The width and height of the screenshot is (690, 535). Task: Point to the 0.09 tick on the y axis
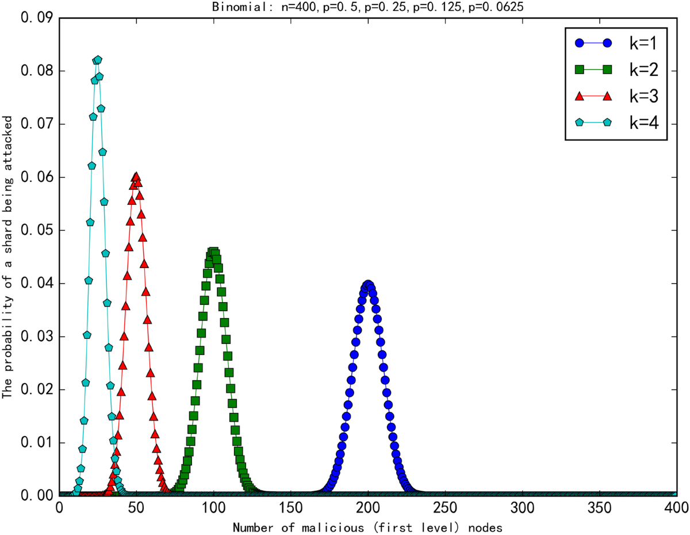click(x=36, y=18)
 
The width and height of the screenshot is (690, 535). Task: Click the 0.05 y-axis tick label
click(x=36, y=231)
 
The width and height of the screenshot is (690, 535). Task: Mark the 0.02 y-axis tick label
click(x=36, y=390)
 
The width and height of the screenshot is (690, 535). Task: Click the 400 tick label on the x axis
click(x=676, y=509)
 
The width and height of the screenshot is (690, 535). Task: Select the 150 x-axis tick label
click(x=290, y=509)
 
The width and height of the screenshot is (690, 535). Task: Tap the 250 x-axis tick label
click(x=445, y=509)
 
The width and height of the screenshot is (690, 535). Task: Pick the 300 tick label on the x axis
click(x=522, y=509)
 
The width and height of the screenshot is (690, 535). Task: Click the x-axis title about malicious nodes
click(x=368, y=526)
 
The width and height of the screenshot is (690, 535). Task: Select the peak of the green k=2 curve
click(x=213, y=251)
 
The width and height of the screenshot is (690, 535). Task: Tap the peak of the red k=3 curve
click(x=136, y=177)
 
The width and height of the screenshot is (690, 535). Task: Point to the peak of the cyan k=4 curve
click(x=97, y=60)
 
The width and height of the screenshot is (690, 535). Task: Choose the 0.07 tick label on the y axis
click(x=36, y=124)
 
